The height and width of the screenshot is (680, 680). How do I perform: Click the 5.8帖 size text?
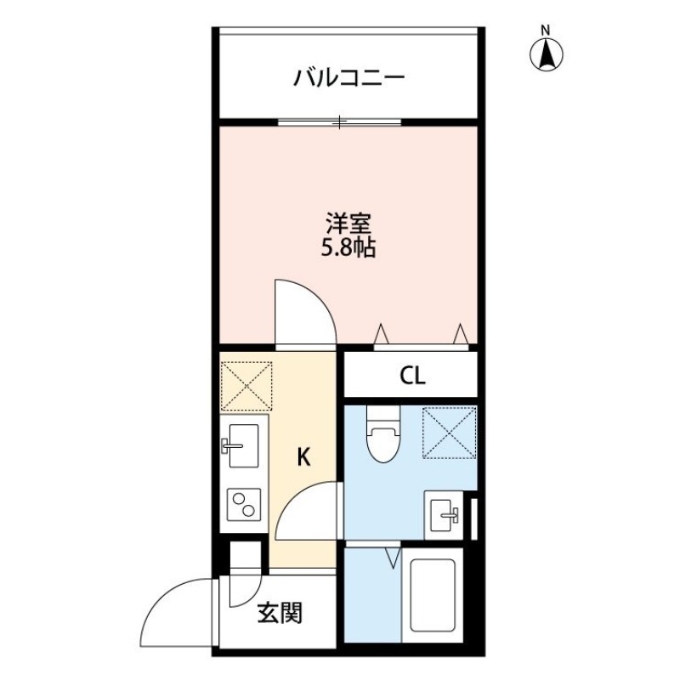point(349,249)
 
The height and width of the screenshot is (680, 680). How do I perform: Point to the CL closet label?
point(412,376)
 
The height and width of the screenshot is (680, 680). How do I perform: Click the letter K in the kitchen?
point(303,458)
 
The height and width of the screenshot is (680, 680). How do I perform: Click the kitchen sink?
point(244,445)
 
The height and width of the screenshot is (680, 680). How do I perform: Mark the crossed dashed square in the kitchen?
point(246,385)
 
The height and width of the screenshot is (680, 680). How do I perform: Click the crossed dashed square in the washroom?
point(449,433)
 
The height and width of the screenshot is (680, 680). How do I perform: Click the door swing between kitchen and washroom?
point(309,511)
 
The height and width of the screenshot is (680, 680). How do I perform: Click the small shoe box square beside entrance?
point(244,557)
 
